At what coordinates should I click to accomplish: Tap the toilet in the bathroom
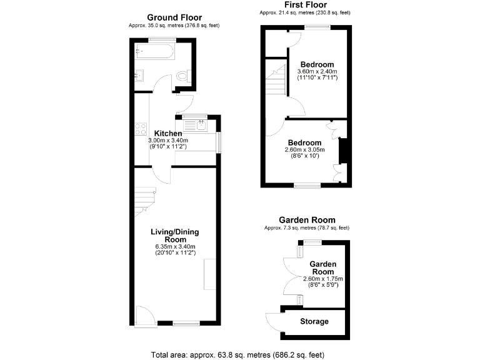182,76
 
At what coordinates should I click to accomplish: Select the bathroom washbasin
139,76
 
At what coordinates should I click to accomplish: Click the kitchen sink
202,126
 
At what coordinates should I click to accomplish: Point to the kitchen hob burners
138,129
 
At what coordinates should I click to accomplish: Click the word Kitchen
168,134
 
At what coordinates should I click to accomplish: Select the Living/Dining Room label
175,236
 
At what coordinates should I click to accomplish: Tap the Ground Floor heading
173,17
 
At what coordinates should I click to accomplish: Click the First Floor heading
305,4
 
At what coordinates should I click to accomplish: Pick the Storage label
314,321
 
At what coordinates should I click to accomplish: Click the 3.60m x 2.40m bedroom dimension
317,72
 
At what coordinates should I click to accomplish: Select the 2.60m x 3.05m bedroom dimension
304,150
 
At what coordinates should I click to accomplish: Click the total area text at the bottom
237,355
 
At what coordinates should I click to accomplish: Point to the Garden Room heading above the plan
307,220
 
